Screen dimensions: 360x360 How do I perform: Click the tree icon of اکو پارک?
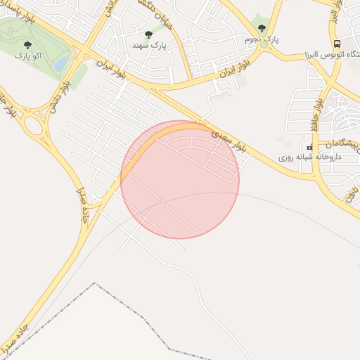tap(27, 44)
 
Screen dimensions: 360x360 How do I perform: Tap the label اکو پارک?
tap(27, 55)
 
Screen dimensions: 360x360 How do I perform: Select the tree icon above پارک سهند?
tap(148, 34)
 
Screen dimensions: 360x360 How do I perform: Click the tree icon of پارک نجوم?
tap(262, 28)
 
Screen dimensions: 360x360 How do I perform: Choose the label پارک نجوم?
tap(262, 39)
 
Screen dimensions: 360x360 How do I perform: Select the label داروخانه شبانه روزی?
tap(309, 157)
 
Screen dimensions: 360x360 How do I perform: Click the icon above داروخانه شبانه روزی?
tap(309, 147)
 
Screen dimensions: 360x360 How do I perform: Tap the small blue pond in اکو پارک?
tap(61, 65)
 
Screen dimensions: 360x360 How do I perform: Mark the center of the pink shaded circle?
tap(180, 180)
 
